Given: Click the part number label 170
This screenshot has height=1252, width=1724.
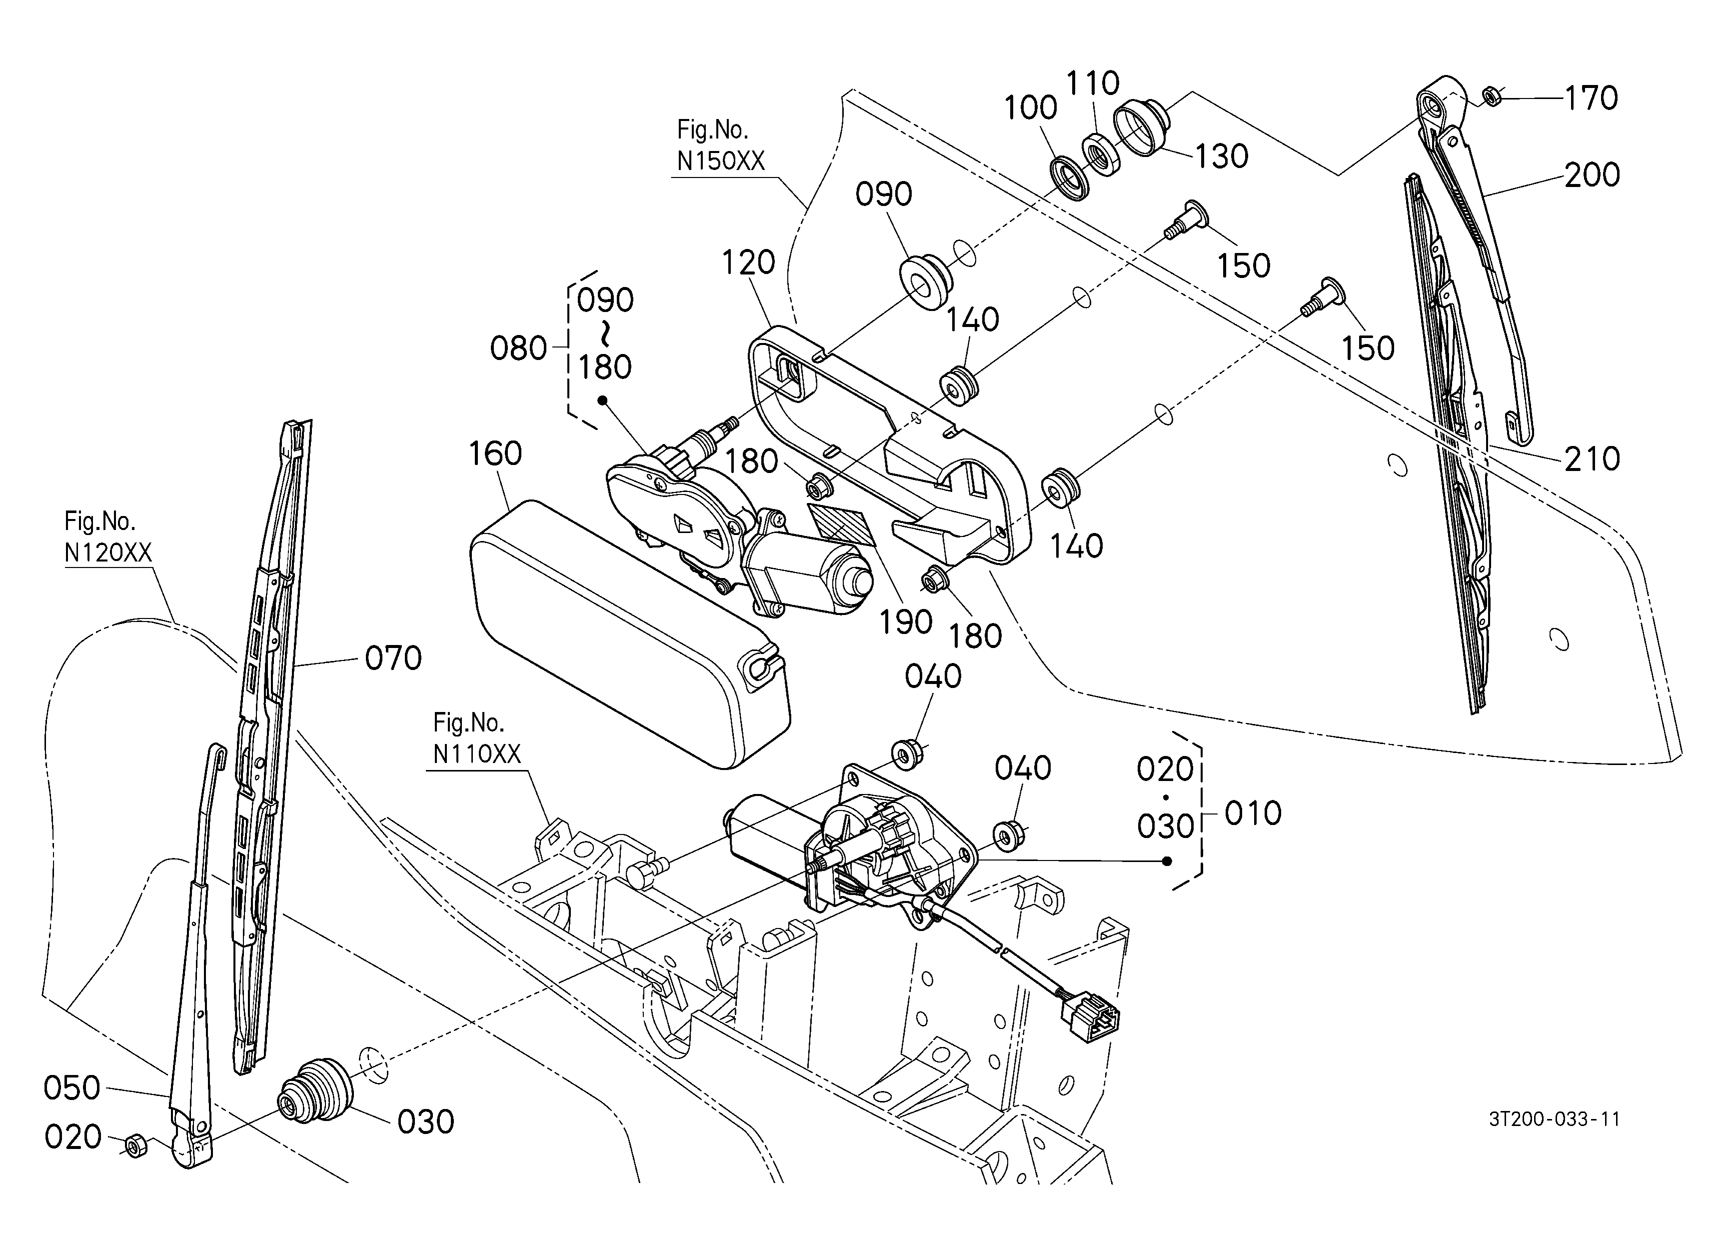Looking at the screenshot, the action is (x=1591, y=98).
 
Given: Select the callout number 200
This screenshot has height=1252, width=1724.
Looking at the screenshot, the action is (x=1592, y=175).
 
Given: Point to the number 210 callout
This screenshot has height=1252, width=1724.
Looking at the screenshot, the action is (x=1592, y=458).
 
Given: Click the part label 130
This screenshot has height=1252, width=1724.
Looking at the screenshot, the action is (x=1222, y=156).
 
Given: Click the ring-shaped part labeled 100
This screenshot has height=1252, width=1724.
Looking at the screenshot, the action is (x=1070, y=176).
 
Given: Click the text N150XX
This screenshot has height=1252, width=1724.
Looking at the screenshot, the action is (x=721, y=161).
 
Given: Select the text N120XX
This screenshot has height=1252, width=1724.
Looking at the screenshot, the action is (x=108, y=552).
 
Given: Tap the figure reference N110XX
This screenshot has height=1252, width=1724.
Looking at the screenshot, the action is (x=476, y=753).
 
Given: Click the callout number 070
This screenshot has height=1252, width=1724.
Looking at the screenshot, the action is (x=393, y=658).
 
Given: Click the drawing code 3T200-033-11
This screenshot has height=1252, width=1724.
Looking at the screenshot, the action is (x=1554, y=1119).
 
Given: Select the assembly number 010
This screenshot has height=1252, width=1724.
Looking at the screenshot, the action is (x=1253, y=813).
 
